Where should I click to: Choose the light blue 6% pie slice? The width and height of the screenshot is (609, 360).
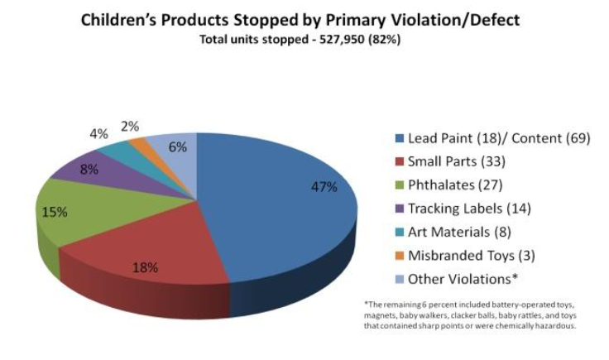[x=175, y=146]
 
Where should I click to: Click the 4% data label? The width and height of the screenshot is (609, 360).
[x=98, y=132]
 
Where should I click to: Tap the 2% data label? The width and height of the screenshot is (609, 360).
[x=129, y=127]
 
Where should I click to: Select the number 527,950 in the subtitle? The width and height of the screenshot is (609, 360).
[x=336, y=38]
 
